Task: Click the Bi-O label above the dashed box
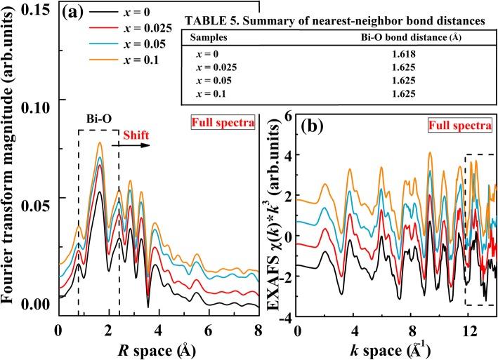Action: [x=98, y=122]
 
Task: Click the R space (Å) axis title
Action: [x=159, y=349]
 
